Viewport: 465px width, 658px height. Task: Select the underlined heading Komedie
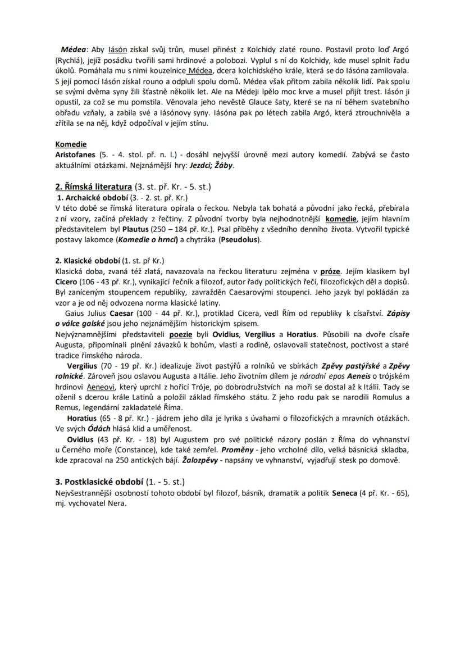(71, 144)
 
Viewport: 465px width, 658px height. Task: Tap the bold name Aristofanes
(75, 155)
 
